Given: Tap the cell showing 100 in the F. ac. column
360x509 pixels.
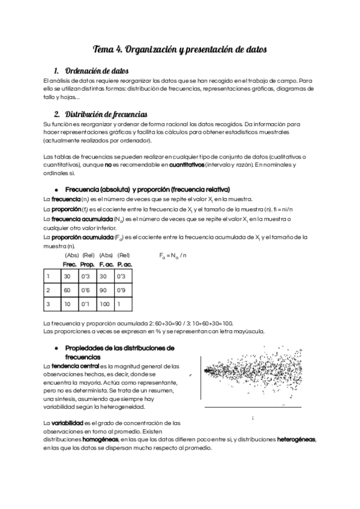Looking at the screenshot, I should click(x=106, y=304).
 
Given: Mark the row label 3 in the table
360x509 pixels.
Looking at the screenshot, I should click(x=48, y=304).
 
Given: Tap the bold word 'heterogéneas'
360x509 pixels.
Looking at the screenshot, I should click(x=296, y=439).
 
